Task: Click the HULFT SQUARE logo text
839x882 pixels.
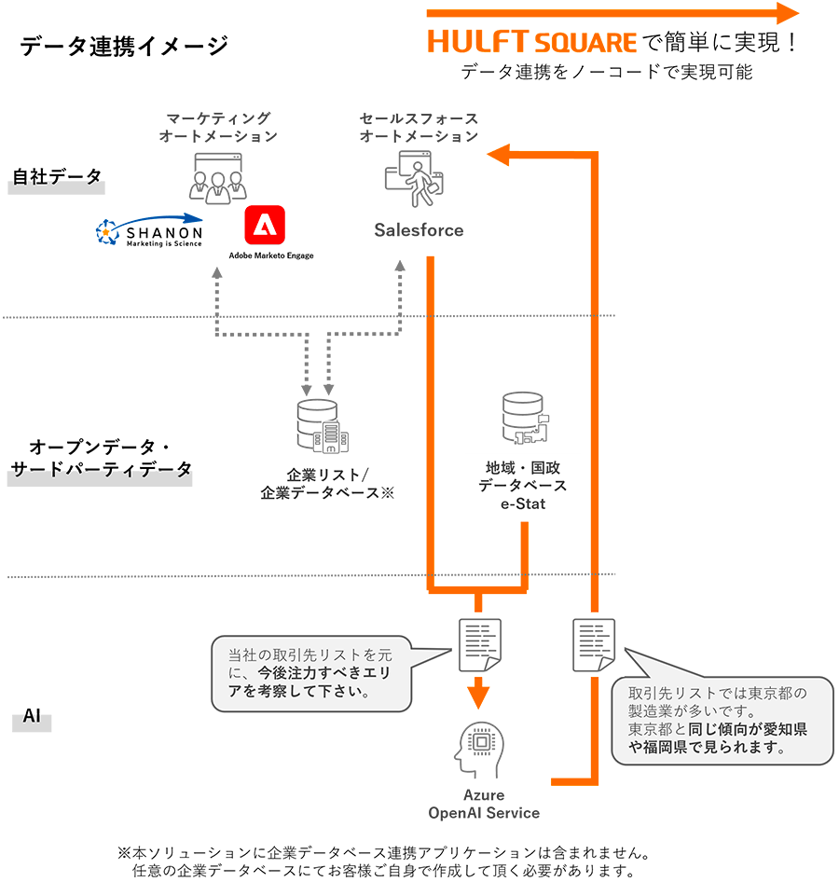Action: point(532,42)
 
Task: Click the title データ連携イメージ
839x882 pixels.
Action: point(123,46)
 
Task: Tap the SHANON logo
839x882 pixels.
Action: point(149,232)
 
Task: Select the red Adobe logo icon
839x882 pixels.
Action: point(264,227)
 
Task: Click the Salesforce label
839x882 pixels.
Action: point(419,230)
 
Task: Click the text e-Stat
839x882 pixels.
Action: point(522,504)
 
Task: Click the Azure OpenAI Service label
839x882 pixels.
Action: point(483,804)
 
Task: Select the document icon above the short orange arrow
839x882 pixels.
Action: point(479,644)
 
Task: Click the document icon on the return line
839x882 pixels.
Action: point(593,644)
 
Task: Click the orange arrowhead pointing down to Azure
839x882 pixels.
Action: point(479,696)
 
